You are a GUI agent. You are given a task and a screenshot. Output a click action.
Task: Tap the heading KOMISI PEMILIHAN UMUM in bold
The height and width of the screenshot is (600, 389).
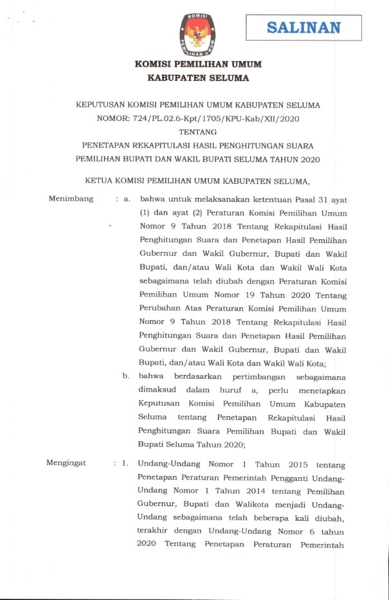click(x=198, y=65)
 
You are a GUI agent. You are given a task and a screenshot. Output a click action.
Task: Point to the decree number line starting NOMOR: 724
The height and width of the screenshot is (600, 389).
click(x=198, y=118)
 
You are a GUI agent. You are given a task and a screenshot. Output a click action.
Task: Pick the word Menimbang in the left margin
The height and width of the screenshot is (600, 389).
click(x=71, y=199)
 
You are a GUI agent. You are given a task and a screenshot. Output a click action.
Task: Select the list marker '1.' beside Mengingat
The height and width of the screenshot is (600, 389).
click(x=126, y=463)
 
